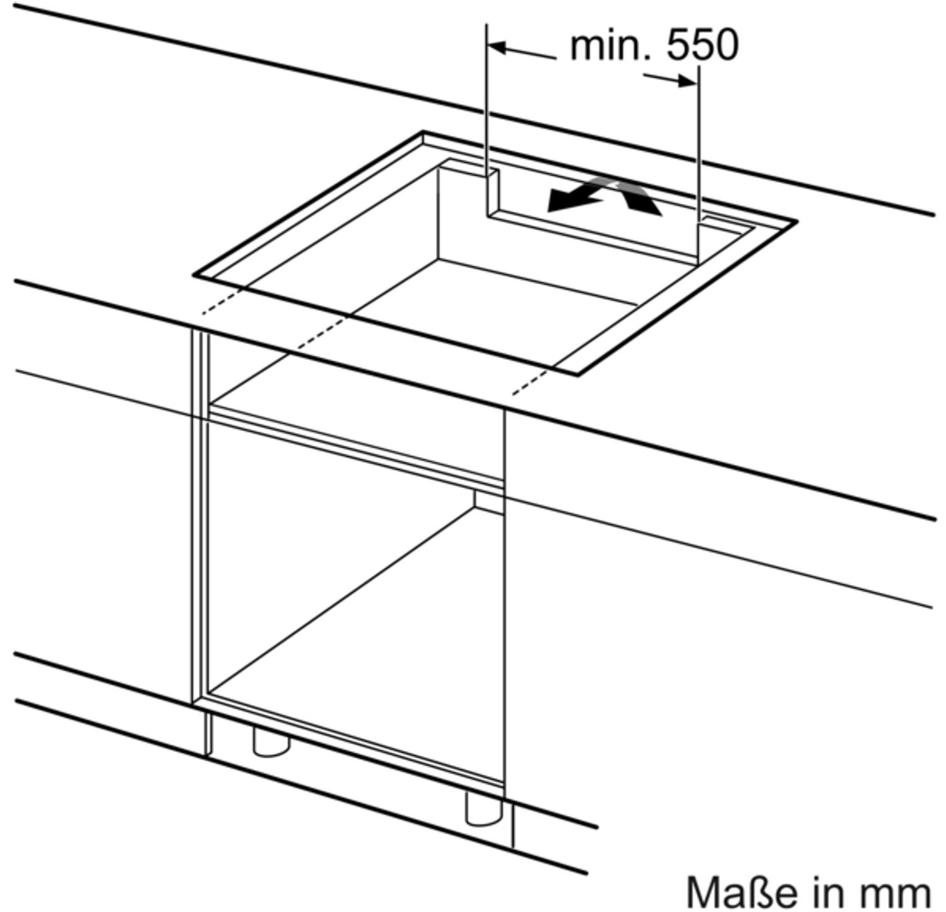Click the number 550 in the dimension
point(702,45)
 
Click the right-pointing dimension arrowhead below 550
point(689,81)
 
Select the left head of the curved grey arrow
point(564,202)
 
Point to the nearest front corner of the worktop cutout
point(577,374)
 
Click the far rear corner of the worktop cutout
point(423,132)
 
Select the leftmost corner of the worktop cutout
point(194,275)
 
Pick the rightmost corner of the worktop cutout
point(796,222)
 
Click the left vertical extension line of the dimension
point(487,120)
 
